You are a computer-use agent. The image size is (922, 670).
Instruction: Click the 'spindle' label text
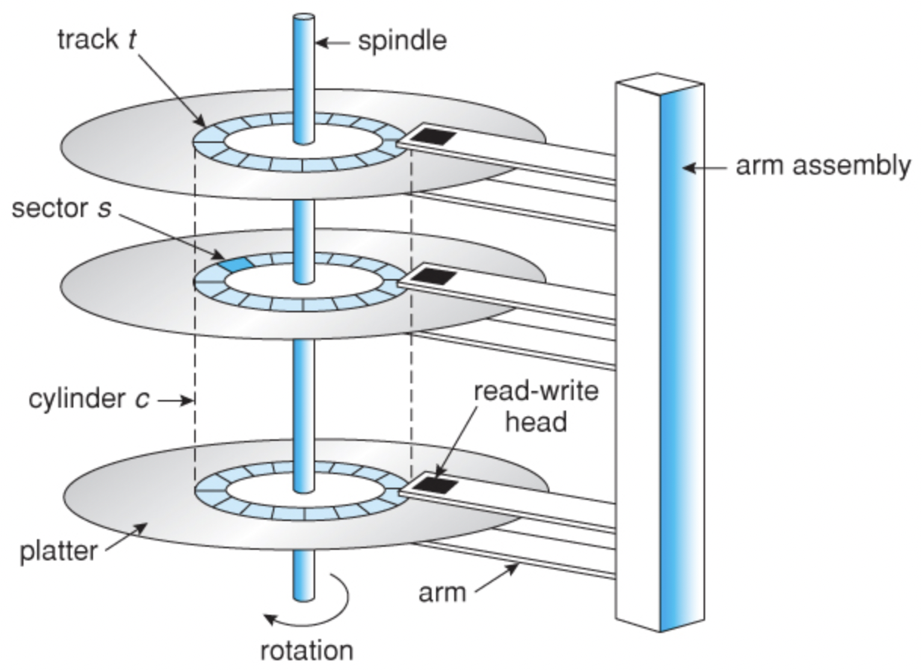pos(402,40)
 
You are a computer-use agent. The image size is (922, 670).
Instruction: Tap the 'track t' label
pos(97,39)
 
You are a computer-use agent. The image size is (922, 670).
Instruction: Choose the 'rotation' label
pos(306,650)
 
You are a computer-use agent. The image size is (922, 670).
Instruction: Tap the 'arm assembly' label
pos(822,165)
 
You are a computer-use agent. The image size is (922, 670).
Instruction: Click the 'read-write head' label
pos(536,406)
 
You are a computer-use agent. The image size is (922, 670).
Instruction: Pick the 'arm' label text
pos(443,591)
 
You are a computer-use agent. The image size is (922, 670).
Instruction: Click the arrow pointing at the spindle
pos(333,42)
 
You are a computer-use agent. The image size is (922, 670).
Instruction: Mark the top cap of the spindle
pos(304,17)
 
